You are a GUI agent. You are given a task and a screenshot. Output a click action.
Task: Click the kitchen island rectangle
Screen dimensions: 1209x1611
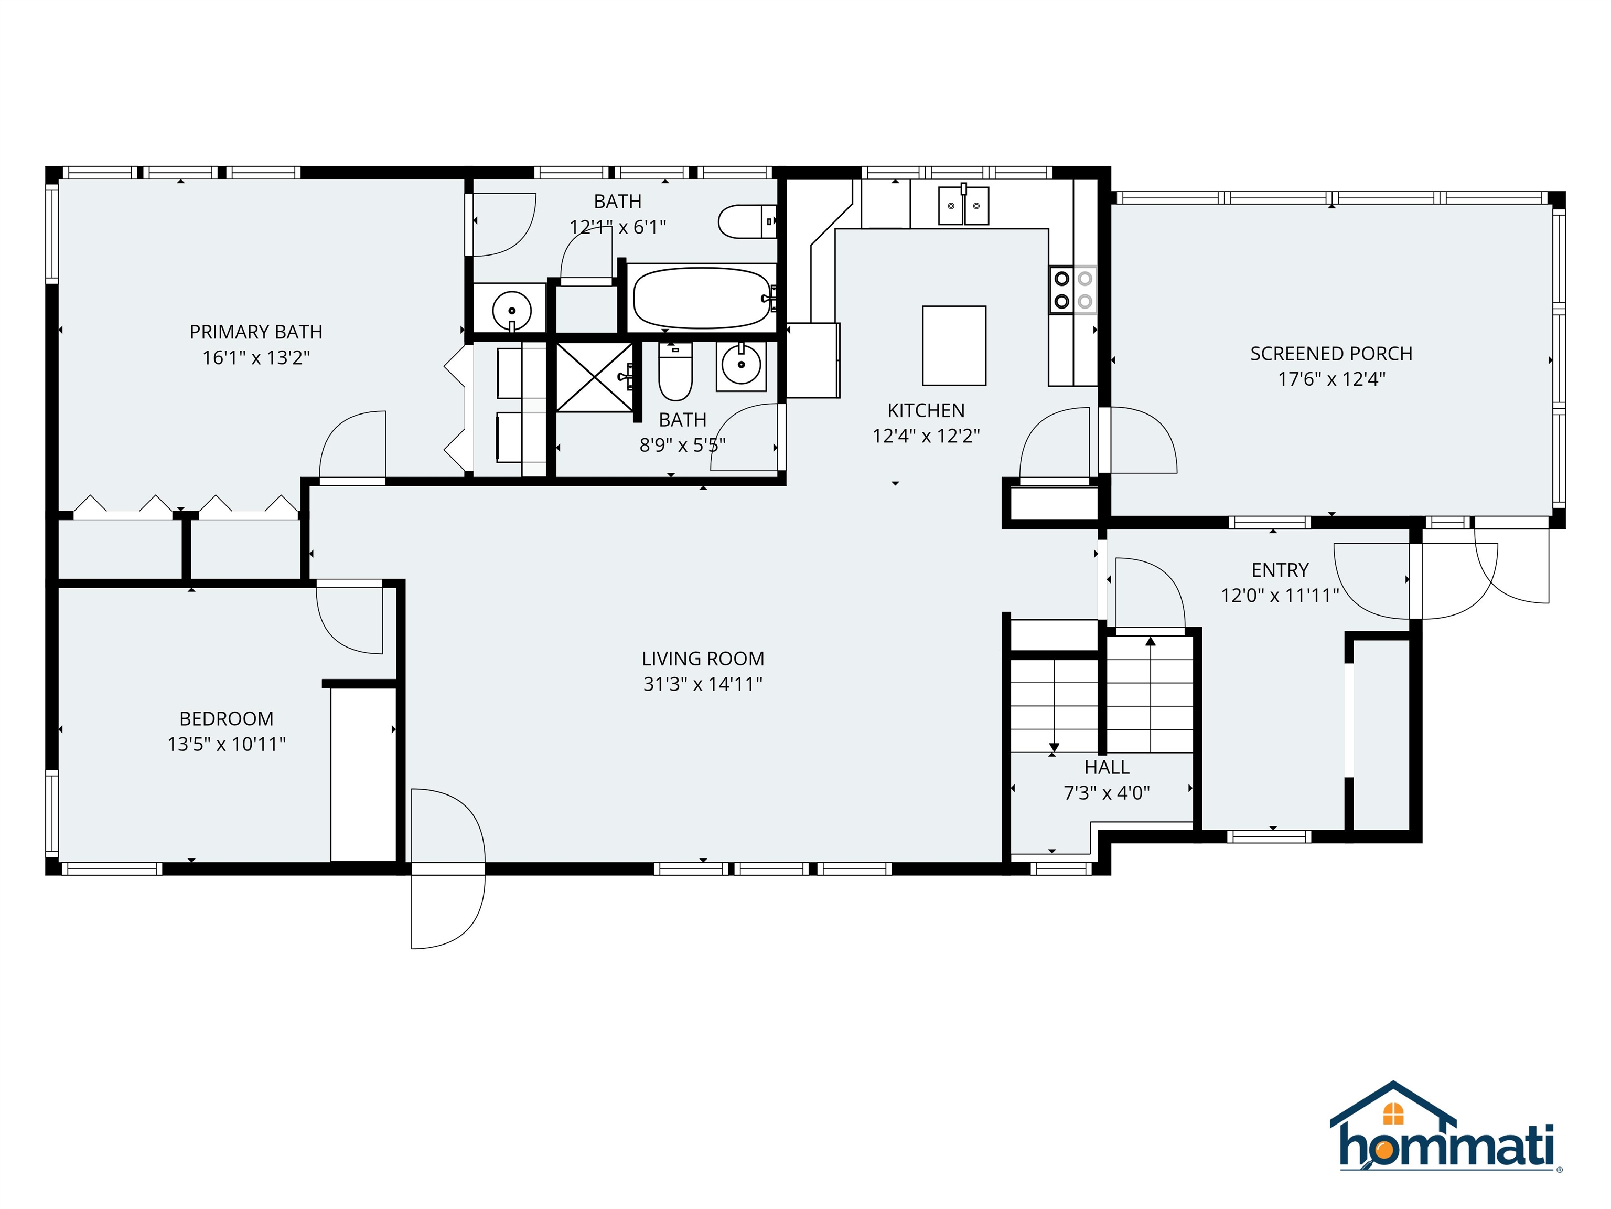tap(953, 345)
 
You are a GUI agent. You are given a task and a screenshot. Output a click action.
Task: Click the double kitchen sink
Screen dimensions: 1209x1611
tap(963, 206)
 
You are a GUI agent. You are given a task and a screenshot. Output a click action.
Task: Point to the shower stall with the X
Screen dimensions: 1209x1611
tap(594, 377)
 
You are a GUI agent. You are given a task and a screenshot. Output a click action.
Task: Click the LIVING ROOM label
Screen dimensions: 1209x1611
tap(702, 659)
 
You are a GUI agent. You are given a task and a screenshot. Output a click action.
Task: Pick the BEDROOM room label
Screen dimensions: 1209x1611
tap(226, 718)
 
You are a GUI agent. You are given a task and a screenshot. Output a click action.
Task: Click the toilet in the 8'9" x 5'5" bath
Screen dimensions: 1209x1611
tap(674, 373)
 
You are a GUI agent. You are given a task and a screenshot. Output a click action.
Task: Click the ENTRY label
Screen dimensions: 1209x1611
tap(1280, 570)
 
